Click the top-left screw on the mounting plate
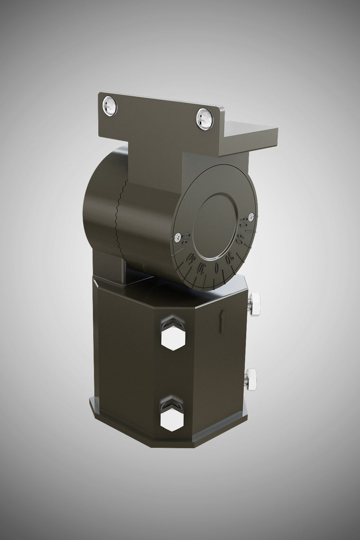pos(109,105)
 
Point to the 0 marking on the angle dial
pos(216,268)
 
